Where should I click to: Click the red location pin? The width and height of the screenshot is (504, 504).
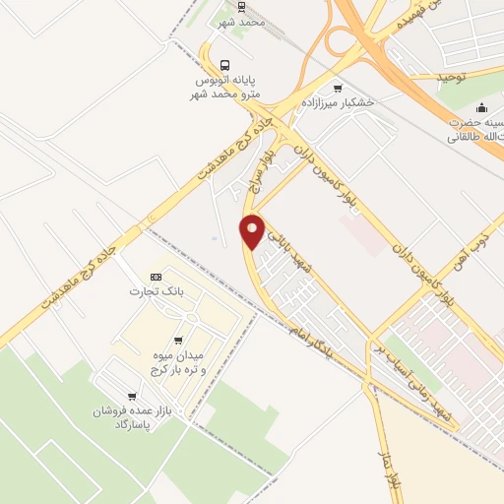[x=253, y=231]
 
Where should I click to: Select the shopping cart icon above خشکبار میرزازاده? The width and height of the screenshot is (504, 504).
[x=339, y=89]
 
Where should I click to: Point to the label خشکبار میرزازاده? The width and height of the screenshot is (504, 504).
[x=339, y=103]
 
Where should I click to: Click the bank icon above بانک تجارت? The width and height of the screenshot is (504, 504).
[x=155, y=277]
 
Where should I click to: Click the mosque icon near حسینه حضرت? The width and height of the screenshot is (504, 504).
[x=480, y=108]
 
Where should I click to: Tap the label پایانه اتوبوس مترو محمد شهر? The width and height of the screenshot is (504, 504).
[x=227, y=86]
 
